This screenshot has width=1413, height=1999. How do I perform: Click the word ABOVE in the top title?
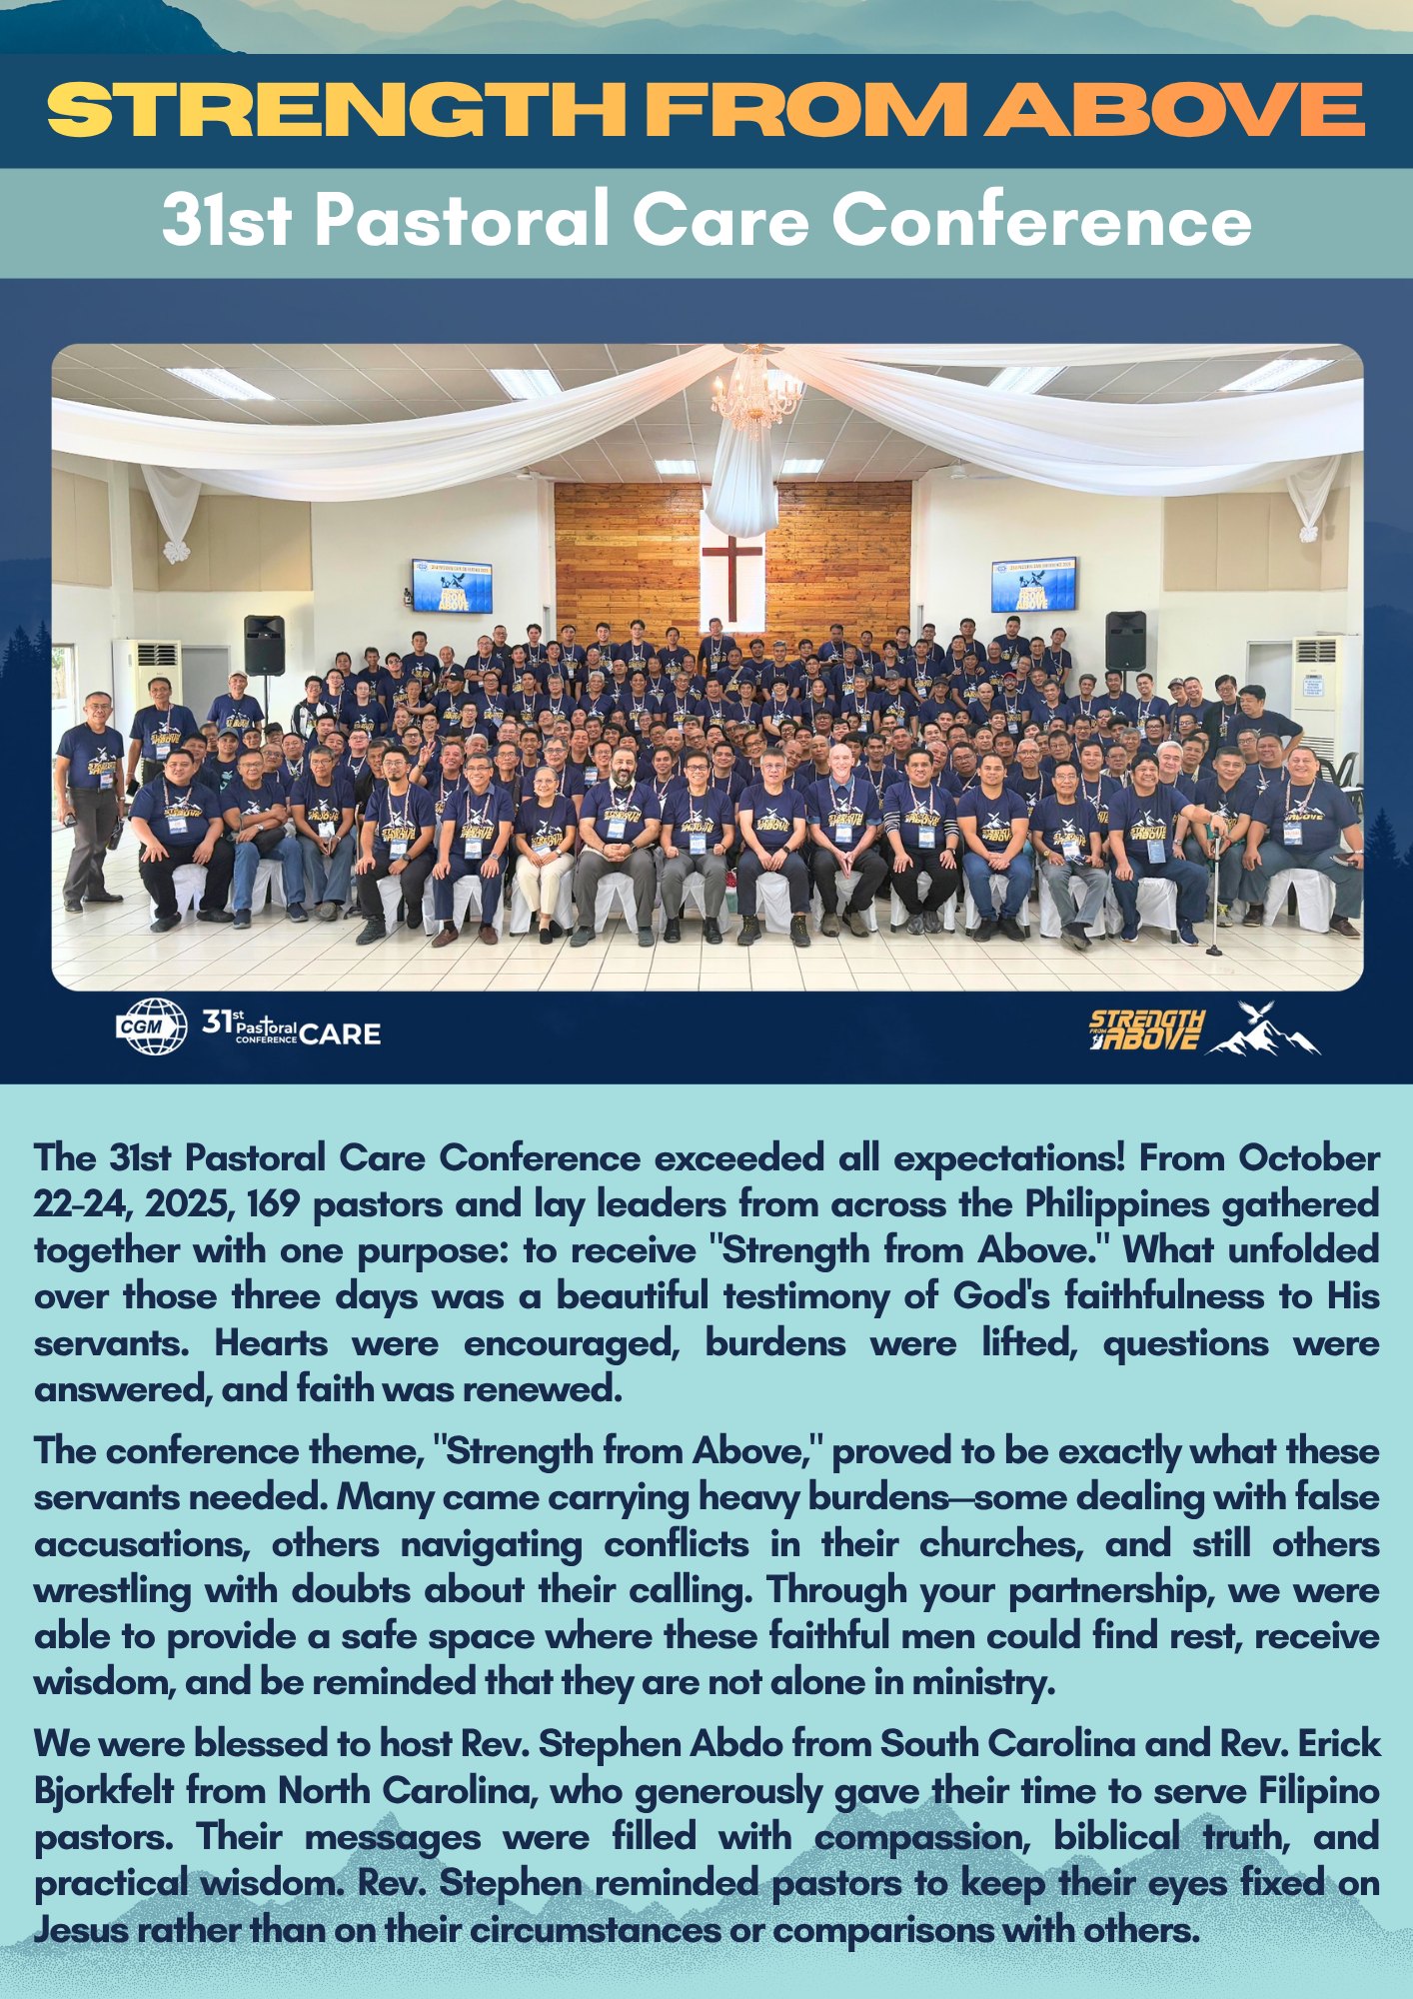pyautogui.click(x=1175, y=109)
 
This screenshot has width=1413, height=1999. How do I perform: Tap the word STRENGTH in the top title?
pyautogui.click(x=337, y=109)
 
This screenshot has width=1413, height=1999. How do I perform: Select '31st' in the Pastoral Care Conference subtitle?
pyautogui.click(x=227, y=221)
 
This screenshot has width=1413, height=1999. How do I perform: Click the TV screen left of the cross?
pyautogui.click(x=452, y=586)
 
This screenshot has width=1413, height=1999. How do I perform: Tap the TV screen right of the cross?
pyautogui.click(x=1033, y=584)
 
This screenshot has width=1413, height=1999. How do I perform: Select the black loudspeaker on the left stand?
pyautogui.click(x=264, y=645)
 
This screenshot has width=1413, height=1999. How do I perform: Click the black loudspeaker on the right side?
pyautogui.click(x=1125, y=641)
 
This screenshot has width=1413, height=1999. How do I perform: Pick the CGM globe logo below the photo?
pyautogui.click(x=152, y=1026)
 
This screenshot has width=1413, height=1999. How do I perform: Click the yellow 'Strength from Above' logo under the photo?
pyautogui.click(x=1146, y=1029)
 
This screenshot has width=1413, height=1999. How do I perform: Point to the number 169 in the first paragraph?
pyautogui.click(x=274, y=1204)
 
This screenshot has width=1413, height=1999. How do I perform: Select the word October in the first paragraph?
pyautogui.click(x=1309, y=1158)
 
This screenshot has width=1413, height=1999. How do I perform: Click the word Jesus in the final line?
pyautogui.click(x=80, y=1929)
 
